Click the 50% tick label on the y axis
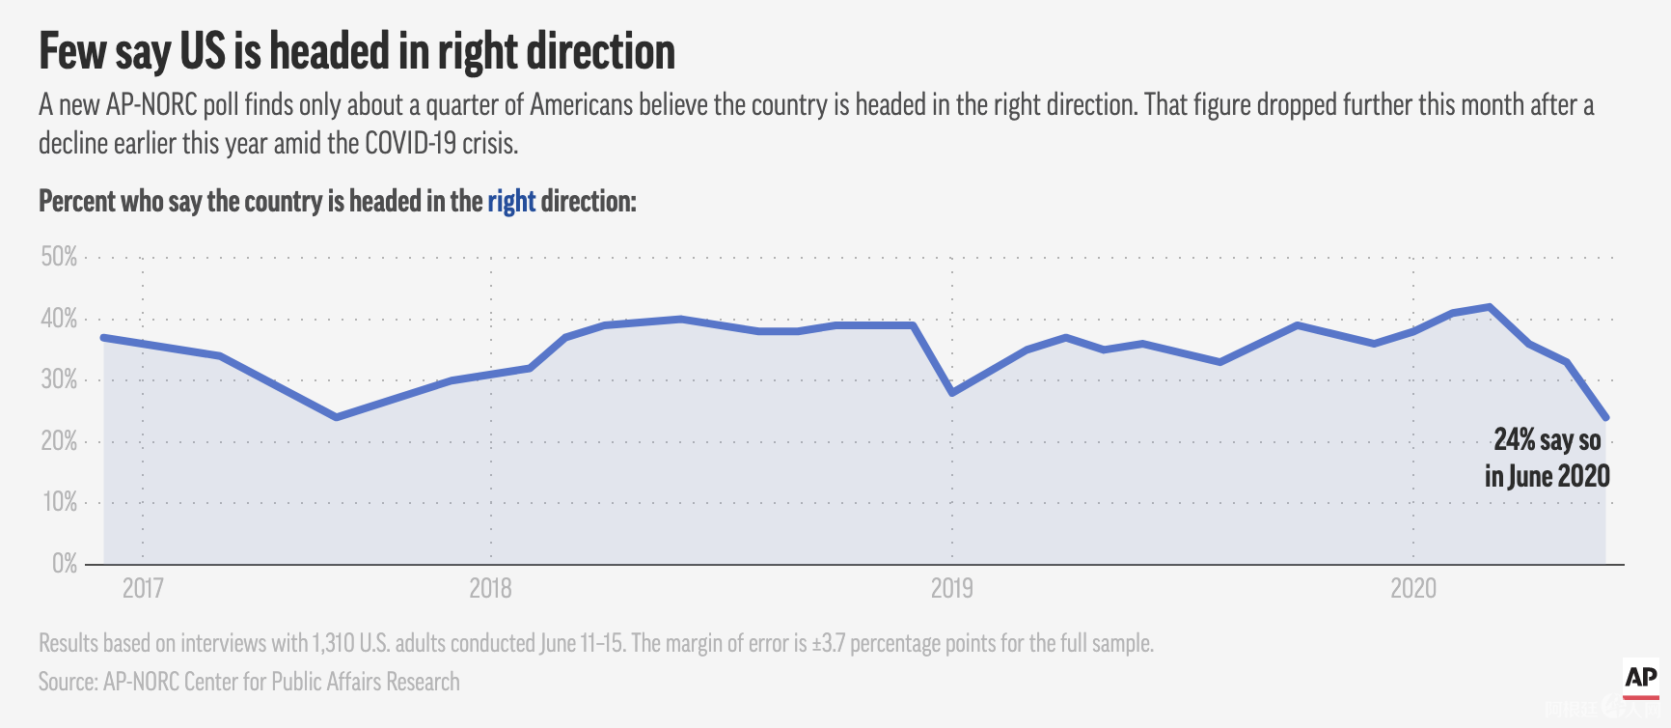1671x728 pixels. tap(59, 257)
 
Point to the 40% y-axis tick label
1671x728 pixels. tap(59, 319)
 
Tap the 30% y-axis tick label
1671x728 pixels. tap(59, 379)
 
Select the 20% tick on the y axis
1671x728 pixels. tap(59, 441)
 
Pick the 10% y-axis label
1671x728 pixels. tap(59, 502)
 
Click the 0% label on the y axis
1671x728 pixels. tap(65, 564)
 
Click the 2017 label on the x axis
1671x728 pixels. tap(143, 588)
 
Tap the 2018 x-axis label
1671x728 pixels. tap(490, 588)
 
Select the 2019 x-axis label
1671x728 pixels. tap(951, 588)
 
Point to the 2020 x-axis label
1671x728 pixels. tap(1413, 588)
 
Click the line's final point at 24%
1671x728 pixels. tap(1605, 417)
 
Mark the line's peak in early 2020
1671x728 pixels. tap(1491, 307)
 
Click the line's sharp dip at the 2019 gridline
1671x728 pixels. tap(952, 393)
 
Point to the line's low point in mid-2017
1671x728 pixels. tap(336, 417)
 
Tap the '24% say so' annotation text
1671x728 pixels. tap(1548, 440)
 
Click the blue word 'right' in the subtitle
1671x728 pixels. tap(511, 201)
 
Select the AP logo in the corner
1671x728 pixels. tap(1641, 679)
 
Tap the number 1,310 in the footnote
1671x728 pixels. tap(333, 643)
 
